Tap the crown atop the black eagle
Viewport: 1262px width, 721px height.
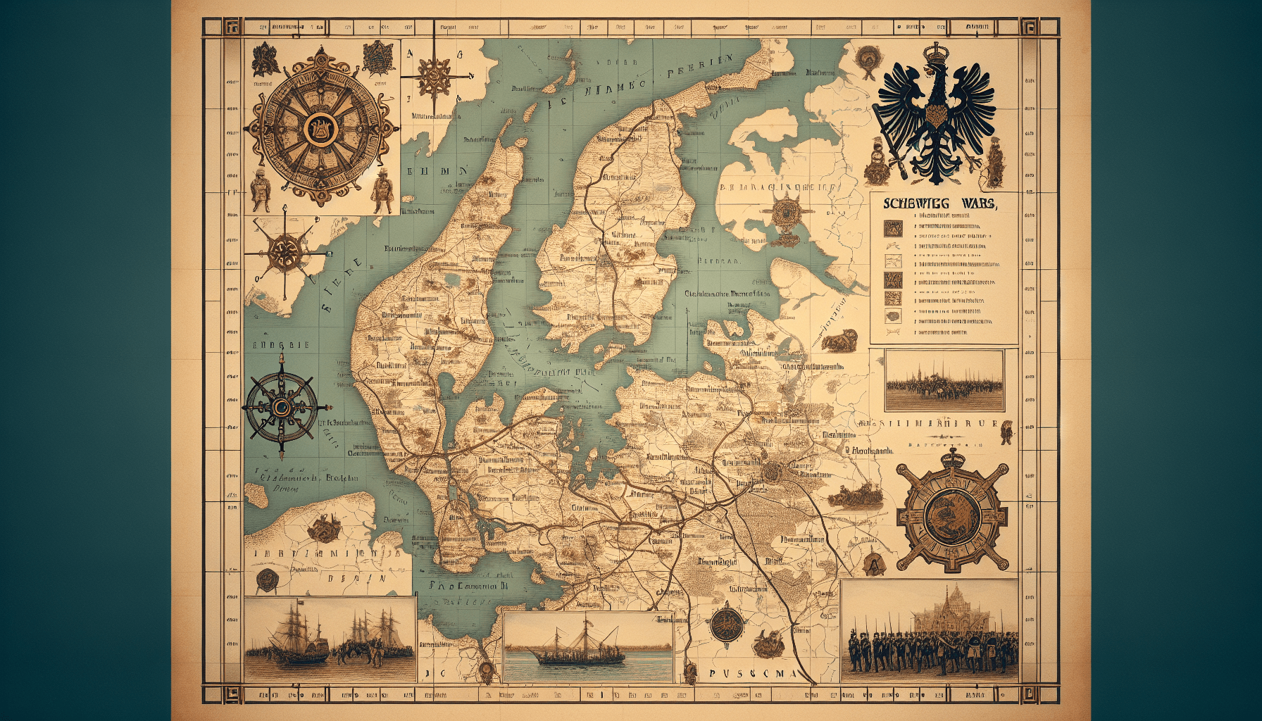click(x=937, y=53)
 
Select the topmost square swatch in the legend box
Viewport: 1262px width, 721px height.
click(x=893, y=228)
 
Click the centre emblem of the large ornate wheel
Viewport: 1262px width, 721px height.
click(x=320, y=127)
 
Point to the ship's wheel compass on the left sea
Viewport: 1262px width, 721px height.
click(x=282, y=407)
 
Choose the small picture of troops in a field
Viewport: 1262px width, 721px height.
click(x=944, y=381)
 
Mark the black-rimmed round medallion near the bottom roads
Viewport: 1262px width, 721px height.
click(x=725, y=623)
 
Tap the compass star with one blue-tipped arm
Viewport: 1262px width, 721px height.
click(x=285, y=249)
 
